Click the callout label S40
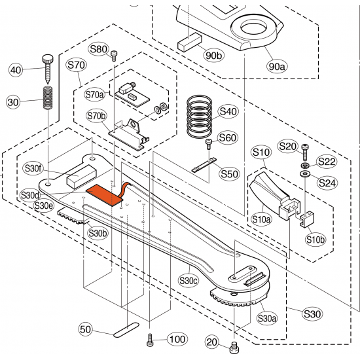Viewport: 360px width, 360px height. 228,112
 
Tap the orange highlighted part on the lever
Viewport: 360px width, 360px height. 107,194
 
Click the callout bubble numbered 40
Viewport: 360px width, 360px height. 15,70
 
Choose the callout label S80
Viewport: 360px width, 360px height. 98,49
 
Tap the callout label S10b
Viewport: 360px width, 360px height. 315,240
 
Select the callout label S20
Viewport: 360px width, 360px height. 288,146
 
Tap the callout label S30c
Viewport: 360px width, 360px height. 189,281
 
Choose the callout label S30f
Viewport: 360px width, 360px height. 32,169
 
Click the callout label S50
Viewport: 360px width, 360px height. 229,174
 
